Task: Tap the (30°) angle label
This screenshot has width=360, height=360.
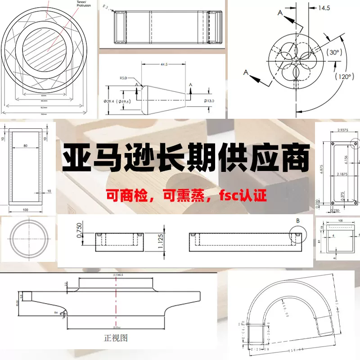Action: tap(333, 52)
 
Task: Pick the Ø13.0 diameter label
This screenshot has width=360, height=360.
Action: tap(205, 100)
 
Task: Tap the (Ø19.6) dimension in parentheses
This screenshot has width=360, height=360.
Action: tap(123, 101)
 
